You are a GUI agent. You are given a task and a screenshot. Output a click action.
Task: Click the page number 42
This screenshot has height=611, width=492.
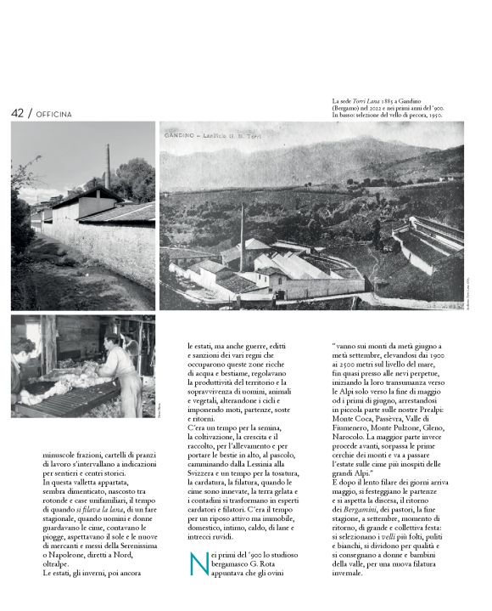[17, 113]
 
